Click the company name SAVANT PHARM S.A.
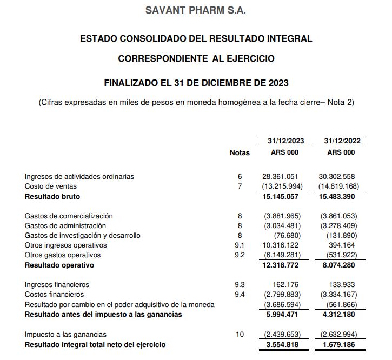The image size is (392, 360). pos(196,11)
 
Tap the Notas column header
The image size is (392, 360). pos(240,153)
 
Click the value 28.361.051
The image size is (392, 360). pos(280,176)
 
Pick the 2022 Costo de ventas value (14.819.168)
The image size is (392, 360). pos(338,186)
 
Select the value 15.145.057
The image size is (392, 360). pos(280,196)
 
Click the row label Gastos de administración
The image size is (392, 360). pos(65,225)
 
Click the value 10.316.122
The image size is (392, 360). pos(280,245)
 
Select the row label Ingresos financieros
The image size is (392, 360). pos(57,284)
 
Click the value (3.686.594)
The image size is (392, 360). pos(282,304)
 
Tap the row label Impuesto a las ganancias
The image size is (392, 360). pos(65,335)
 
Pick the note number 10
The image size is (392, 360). pos(240,335)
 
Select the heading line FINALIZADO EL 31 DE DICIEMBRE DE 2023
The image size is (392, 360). pos(196,83)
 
